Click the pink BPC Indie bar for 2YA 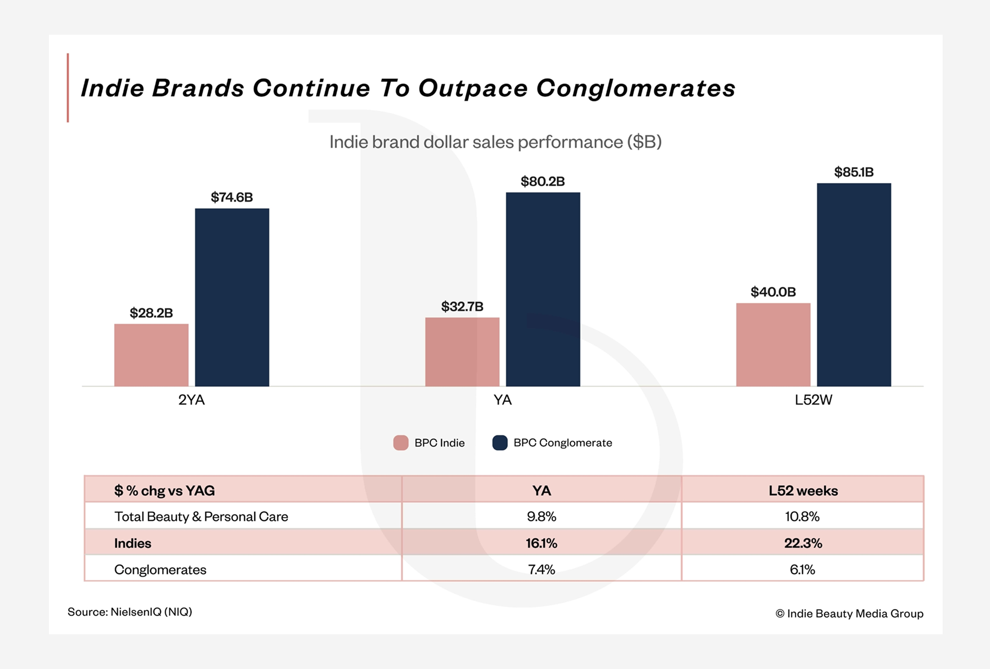(x=151, y=355)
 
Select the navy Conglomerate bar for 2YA (x=232, y=297)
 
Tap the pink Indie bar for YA (x=462, y=352)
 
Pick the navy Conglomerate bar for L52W (x=854, y=285)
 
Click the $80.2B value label (x=543, y=181)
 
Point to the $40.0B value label (x=773, y=292)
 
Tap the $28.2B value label (x=151, y=313)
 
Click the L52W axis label (x=813, y=400)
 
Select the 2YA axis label (x=192, y=400)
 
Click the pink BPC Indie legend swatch (x=401, y=443)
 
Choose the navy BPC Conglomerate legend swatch (x=499, y=443)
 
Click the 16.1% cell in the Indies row (x=541, y=543)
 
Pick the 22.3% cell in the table (x=803, y=543)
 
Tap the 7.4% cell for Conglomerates (x=541, y=570)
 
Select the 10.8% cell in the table (x=802, y=516)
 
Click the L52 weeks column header (x=803, y=491)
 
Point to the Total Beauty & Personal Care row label (x=201, y=516)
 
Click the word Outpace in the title (x=473, y=88)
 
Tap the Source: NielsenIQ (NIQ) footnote (x=130, y=612)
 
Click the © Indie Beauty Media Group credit (x=849, y=613)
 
